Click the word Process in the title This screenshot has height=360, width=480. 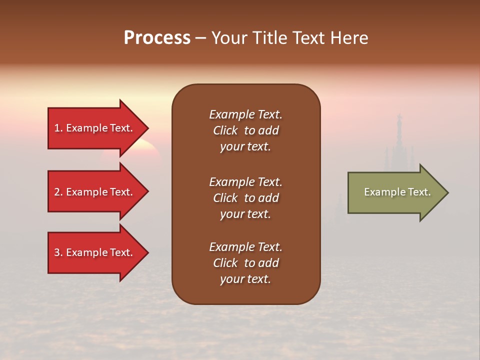pos(157,38)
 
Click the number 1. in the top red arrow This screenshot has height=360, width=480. pos(58,128)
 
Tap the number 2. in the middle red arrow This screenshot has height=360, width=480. pos(58,192)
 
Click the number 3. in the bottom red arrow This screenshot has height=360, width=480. pos(58,252)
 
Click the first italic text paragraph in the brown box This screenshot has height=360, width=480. pos(245,130)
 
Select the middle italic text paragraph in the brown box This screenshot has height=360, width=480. pos(245,198)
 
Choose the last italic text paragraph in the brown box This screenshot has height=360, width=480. pos(245,263)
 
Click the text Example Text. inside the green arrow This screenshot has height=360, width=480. pos(397,192)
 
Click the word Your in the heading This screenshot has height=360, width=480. pos(229,38)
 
